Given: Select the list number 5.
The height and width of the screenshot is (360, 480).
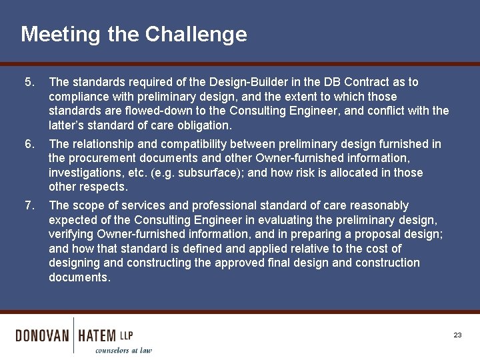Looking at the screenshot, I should tap(28, 82).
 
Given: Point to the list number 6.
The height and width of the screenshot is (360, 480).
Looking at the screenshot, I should tap(28, 144).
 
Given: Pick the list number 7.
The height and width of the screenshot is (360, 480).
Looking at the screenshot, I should tap(28, 205).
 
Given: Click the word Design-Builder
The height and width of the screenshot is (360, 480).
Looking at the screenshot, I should tap(244, 82).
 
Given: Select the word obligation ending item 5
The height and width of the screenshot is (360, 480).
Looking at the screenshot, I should tap(201, 125).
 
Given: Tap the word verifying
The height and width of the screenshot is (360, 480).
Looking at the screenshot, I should tap(72, 234).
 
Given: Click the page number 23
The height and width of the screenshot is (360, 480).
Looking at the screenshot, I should tap(457, 335).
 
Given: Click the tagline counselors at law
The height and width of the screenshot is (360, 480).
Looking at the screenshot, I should tap(123, 350).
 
